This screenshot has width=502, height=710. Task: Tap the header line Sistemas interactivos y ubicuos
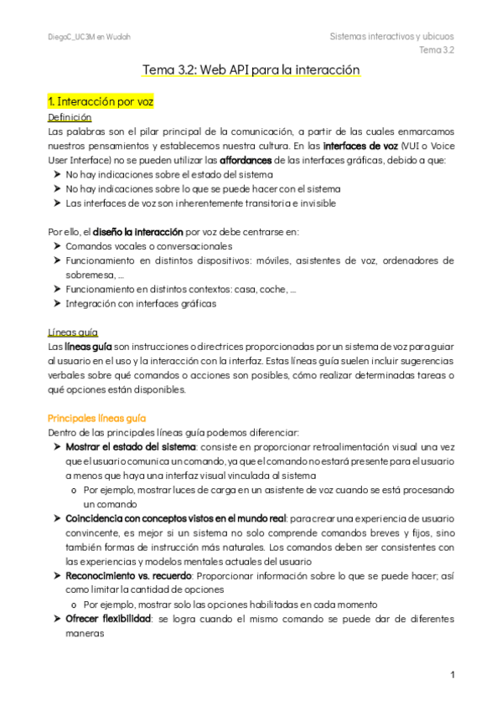[392, 37]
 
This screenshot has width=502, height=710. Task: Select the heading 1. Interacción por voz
[100, 101]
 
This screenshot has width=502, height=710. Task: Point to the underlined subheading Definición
[70, 117]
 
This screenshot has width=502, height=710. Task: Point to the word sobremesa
[91, 275]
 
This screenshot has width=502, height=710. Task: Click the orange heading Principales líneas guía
[98, 417]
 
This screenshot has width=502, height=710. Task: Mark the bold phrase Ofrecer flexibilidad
[108, 619]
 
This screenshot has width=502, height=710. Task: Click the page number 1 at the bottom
[453, 675]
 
